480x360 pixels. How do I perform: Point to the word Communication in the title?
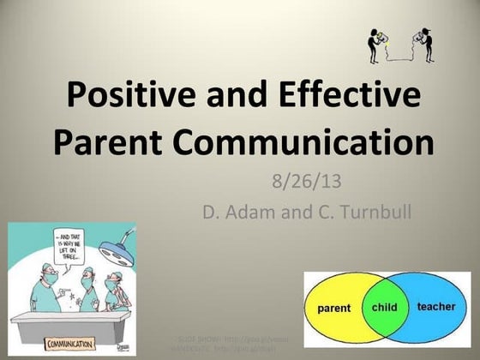click(311, 141)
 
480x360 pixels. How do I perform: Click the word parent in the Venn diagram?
click(334, 307)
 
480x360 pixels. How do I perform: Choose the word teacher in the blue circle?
click(436, 307)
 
